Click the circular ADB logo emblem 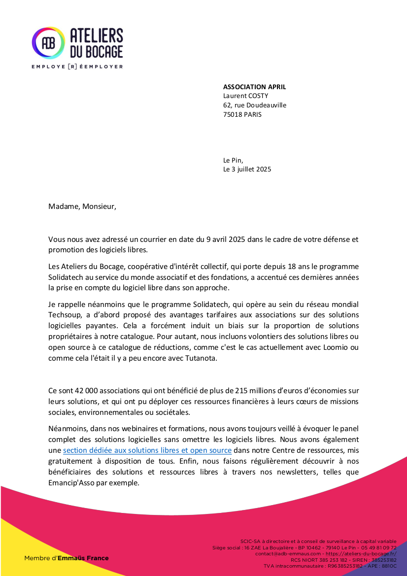48,43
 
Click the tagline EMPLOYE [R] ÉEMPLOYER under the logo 77,66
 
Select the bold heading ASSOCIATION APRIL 254,87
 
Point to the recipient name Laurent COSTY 245,96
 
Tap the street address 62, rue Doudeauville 254,105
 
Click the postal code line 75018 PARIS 242,114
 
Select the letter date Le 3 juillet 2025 247,169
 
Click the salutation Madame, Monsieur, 82,206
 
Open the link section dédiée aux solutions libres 147,450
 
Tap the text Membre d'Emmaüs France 67,558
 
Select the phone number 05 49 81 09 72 379,547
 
